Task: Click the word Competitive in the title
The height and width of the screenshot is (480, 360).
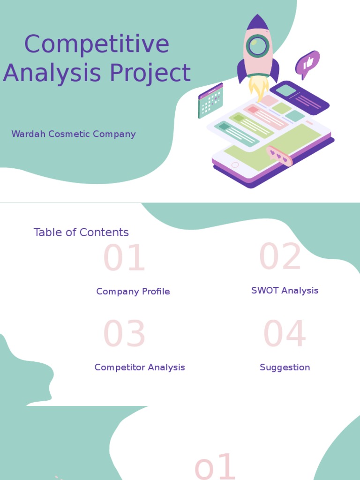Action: (97, 45)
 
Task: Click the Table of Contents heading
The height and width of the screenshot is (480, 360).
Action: (81, 232)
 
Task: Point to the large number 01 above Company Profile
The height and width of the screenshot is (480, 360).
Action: (124, 259)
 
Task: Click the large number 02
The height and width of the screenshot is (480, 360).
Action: (280, 257)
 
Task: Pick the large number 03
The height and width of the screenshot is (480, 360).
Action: (124, 335)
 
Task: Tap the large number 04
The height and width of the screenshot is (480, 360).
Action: (285, 335)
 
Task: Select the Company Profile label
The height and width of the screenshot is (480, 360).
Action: (133, 292)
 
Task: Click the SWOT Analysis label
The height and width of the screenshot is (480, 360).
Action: (285, 291)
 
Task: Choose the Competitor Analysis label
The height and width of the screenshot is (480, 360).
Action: (140, 367)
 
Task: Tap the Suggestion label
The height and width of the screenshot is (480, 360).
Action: (285, 367)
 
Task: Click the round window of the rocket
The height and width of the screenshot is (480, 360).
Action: (257, 46)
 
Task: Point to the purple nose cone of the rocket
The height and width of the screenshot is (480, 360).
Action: (258, 22)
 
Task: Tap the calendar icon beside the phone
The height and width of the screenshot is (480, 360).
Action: (210, 101)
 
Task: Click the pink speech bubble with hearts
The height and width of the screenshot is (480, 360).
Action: (279, 156)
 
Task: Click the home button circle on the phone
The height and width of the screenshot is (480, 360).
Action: (235, 165)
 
